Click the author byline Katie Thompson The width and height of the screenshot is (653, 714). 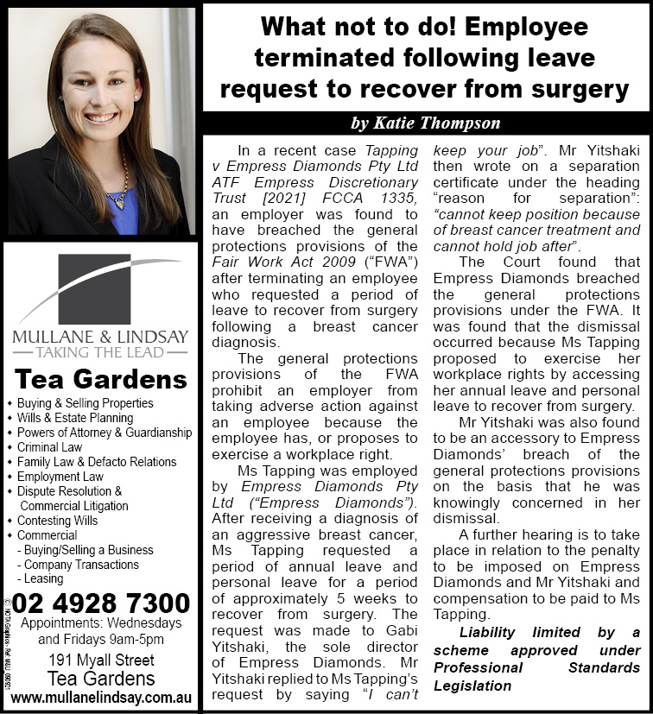click(x=425, y=123)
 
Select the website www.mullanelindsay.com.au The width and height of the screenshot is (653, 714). click(x=101, y=696)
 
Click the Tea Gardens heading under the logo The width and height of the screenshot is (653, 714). click(x=101, y=379)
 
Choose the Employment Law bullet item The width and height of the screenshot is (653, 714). click(x=60, y=477)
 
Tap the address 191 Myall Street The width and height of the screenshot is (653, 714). click(x=101, y=660)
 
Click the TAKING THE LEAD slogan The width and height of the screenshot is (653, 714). click(x=100, y=351)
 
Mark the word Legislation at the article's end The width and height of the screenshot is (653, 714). click(x=472, y=686)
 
